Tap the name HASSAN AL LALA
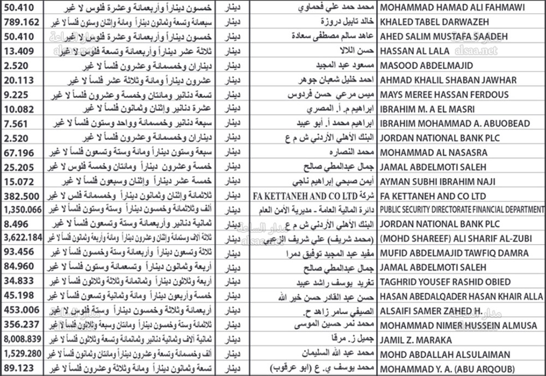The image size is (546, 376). point(414,51)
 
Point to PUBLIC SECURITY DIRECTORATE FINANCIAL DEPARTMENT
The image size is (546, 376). point(462,209)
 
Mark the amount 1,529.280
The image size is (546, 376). point(22,354)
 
